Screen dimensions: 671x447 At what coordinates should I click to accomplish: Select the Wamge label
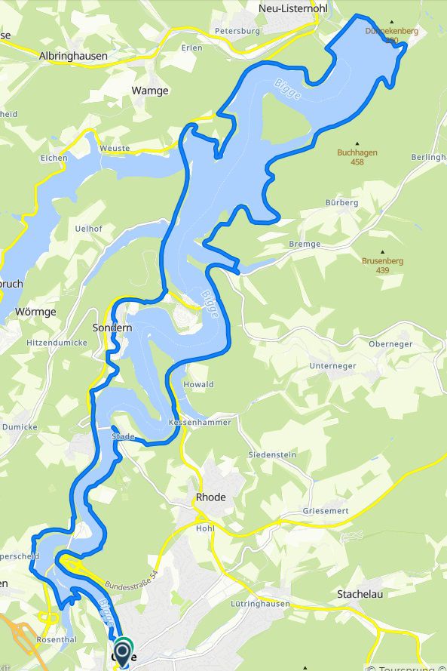[x=150, y=90]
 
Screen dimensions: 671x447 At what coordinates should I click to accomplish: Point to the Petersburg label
[x=237, y=31]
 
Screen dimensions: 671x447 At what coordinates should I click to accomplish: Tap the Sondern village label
[x=112, y=328]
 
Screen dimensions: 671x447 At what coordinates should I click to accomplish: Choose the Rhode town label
[x=210, y=497]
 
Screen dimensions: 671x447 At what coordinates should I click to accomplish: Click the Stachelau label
[x=360, y=594]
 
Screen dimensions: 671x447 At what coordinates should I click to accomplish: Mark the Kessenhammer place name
[x=200, y=422]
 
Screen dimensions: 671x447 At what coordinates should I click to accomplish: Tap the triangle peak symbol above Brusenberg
[x=382, y=252]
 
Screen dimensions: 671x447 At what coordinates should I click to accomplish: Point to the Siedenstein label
[x=272, y=455]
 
